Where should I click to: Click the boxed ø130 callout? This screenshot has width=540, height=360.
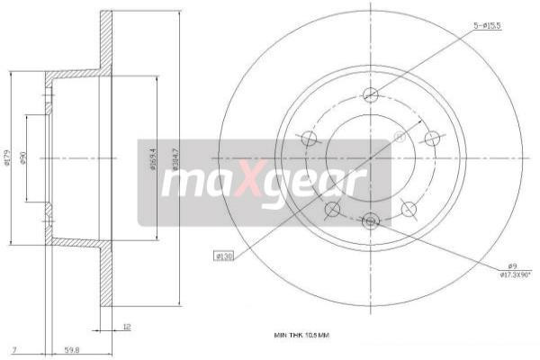[x=224, y=256]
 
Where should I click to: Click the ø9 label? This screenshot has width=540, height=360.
[x=510, y=265]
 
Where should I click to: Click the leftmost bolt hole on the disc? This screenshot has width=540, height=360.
[x=309, y=138]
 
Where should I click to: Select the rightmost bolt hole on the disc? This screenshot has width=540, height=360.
[x=432, y=138]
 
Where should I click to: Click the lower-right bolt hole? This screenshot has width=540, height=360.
[x=409, y=210]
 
